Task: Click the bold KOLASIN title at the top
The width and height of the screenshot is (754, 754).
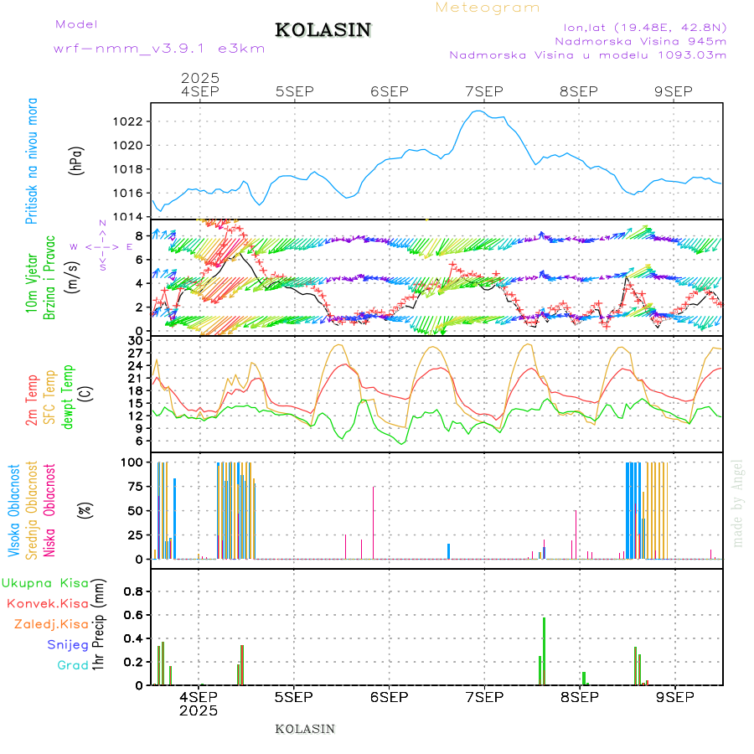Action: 323,30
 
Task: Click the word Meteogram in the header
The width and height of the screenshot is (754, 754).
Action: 488,8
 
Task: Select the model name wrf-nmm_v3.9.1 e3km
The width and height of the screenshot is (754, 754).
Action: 159,49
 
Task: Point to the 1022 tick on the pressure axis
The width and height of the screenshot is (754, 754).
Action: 128,121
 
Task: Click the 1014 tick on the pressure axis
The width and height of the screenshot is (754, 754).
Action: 128,217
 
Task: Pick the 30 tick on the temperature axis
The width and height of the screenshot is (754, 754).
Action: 135,340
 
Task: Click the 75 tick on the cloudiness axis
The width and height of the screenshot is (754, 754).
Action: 132,486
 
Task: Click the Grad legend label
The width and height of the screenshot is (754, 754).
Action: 72,665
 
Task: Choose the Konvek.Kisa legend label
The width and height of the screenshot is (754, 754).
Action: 48,603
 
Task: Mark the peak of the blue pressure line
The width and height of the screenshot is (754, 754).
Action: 478,111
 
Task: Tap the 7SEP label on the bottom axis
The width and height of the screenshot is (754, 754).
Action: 484,697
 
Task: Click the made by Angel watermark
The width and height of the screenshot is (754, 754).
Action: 738,503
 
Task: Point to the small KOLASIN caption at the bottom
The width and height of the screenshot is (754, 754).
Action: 305,729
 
